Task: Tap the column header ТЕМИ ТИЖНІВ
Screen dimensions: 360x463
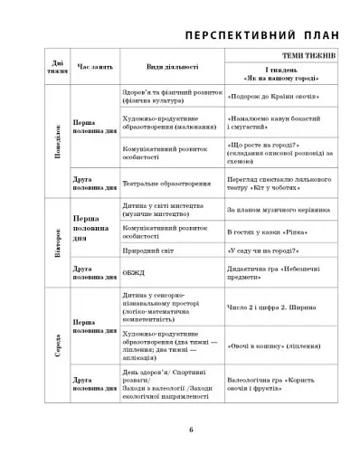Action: (x=309, y=57)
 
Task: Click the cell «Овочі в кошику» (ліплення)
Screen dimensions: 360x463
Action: (x=279, y=345)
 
